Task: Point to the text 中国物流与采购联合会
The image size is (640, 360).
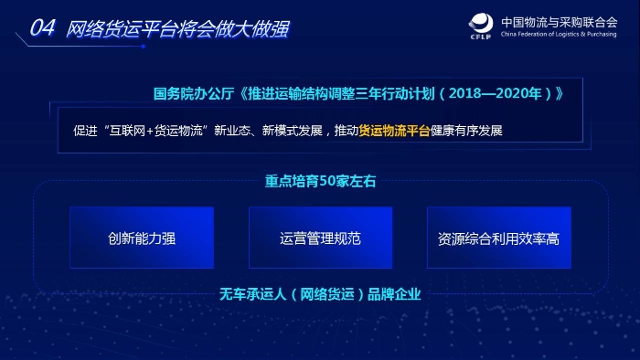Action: click(560, 22)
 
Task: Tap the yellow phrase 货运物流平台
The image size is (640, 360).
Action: click(394, 130)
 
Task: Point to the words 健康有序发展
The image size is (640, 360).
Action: click(467, 130)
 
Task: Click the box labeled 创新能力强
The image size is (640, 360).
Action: click(141, 238)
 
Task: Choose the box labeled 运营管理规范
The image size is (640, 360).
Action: click(320, 238)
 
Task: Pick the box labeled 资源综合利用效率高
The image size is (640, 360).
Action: click(498, 238)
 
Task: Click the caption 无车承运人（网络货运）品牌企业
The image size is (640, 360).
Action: click(319, 294)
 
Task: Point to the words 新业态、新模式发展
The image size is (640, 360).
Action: click(268, 130)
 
